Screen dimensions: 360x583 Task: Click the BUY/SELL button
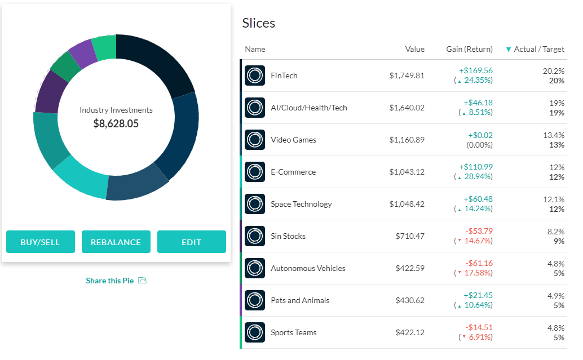click(40, 242)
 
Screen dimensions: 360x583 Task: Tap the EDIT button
click(191, 242)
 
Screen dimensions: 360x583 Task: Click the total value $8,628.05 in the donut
click(116, 123)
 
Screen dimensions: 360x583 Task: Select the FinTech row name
click(284, 75)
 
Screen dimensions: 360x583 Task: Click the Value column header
click(414, 49)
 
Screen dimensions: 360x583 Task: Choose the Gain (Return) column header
click(469, 49)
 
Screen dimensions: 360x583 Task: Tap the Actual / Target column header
click(538, 49)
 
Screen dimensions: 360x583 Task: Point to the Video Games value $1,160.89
click(407, 140)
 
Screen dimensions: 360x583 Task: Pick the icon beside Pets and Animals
click(255, 300)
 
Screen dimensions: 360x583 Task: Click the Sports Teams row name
click(293, 332)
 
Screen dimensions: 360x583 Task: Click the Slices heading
click(258, 23)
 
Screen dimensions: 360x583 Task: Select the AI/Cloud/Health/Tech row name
click(308, 108)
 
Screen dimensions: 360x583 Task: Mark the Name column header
click(255, 49)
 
